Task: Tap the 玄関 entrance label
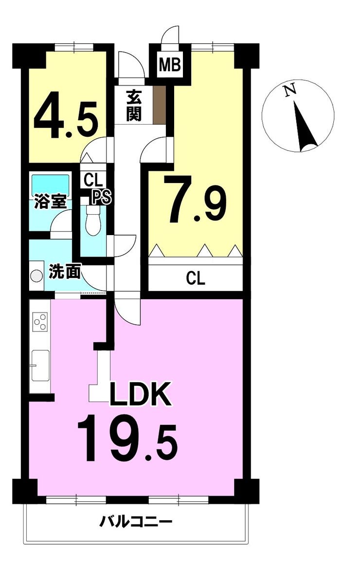(x=134, y=105)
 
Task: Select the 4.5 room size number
(x=66, y=120)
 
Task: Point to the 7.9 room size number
(x=196, y=199)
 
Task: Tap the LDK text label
(x=140, y=394)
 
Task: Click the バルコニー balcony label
(x=136, y=523)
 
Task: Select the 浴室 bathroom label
(x=51, y=202)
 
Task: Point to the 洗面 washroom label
(x=65, y=272)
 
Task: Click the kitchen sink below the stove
(x=40, y=366)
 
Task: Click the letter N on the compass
(x=289, y=91)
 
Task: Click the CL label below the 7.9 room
(x=196, y=278)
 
